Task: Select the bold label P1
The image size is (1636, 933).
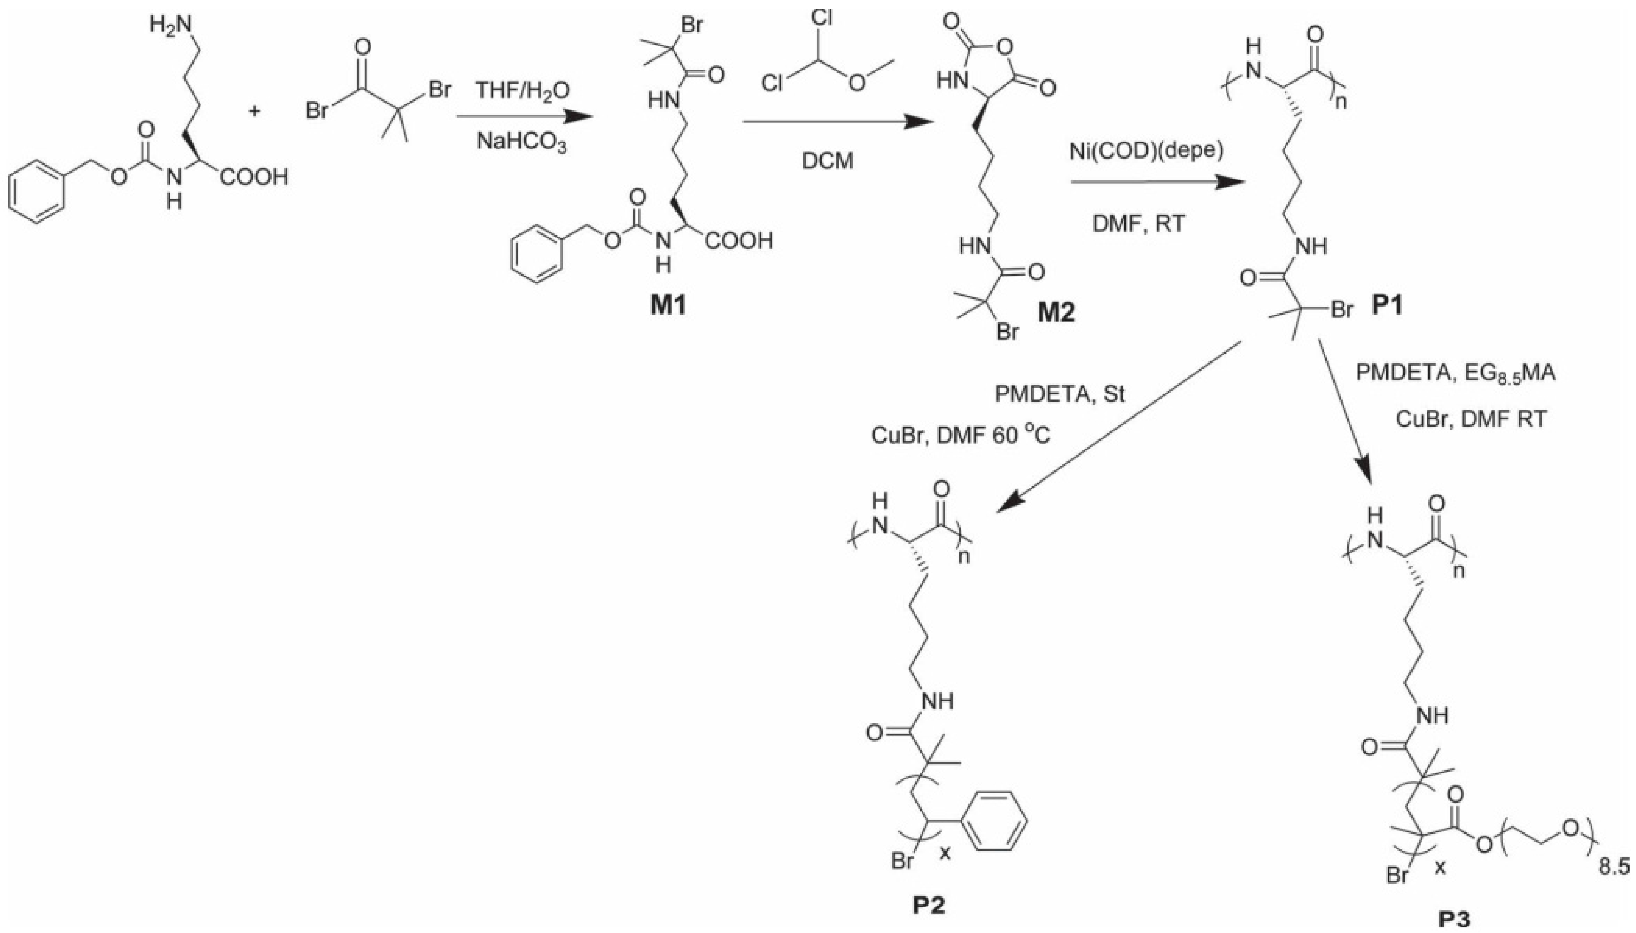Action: pos(1387,306)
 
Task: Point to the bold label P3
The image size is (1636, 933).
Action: pos(1456,920)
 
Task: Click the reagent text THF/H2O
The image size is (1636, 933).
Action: pos(522,91)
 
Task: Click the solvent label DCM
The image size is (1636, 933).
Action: pos(828,161)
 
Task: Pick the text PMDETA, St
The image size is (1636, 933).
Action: pos(1060,394)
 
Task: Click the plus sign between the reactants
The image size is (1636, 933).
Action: pos(255,111)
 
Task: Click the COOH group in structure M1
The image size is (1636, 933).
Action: pos(740,242)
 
